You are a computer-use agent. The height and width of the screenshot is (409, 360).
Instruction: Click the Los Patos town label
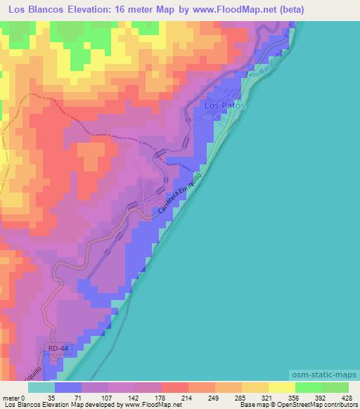pyautogui.click(x=224, y=105)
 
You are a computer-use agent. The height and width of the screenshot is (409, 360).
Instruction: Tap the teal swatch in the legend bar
pyautogui.click(x=41, y=387)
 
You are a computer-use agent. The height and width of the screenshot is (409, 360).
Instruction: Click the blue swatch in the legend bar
pyautogui.click(x=68, y=387)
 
